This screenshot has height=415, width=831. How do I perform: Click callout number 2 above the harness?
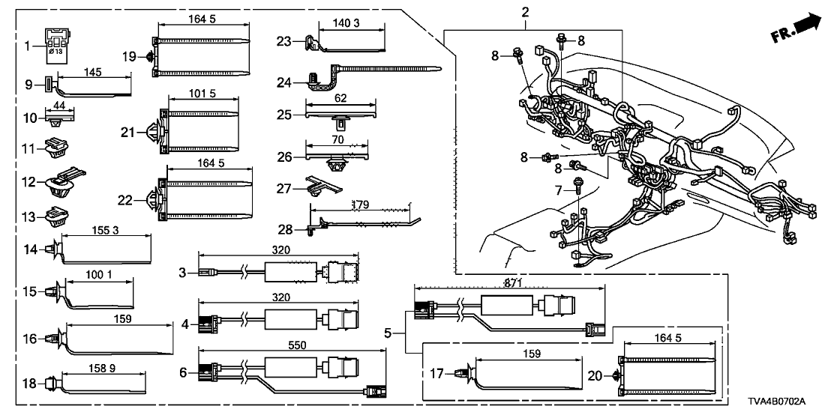pyautogui.click(x=525, y=13)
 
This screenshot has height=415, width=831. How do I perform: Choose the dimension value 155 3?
pyautogui.click(x=105, y=232)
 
